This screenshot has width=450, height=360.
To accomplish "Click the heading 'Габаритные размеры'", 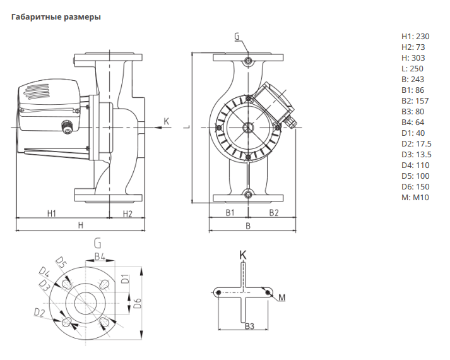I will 56,17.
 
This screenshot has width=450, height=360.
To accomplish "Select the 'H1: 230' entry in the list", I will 415,36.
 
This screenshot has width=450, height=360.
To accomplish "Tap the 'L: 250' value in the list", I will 412,68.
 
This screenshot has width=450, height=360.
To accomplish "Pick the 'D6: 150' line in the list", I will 415,187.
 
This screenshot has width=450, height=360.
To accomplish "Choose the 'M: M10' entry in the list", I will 415,198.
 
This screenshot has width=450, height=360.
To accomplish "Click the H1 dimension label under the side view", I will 53,213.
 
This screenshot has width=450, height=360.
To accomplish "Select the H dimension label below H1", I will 80,225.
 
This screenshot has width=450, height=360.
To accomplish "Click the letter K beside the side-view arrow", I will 167,121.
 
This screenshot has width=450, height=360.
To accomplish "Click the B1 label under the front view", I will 230,213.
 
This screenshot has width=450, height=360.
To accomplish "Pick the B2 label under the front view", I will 273,213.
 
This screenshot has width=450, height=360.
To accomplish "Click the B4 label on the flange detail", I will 100,256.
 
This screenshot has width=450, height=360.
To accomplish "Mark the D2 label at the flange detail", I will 39,312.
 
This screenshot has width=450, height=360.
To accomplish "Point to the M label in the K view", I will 282,297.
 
